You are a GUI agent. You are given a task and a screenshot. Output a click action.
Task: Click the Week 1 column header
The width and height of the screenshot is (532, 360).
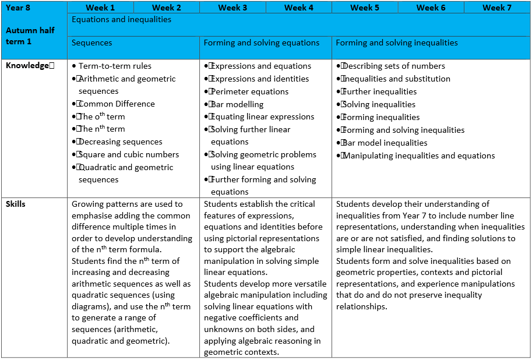coord(100,8)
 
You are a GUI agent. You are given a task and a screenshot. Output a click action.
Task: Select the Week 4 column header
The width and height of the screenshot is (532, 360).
coord(299,8)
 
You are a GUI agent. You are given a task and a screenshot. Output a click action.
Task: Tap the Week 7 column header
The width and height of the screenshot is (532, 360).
coord(494,8)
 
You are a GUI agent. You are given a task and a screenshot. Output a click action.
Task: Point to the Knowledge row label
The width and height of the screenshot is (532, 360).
coord(27,66)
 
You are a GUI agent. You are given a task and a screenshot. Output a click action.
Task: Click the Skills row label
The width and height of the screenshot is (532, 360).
coord(16,204)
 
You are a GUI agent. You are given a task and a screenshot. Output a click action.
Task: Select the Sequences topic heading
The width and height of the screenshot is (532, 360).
coord(92,43)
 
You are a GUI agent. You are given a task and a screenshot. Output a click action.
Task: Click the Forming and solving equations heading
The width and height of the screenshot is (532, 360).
coord(261,43)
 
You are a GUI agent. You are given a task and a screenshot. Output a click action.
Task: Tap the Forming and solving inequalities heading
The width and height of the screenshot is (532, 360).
coord(397,43)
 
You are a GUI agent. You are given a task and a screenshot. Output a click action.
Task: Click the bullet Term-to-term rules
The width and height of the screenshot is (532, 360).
coord(115,66)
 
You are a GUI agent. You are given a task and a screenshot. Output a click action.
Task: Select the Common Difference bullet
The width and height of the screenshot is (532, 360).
coord(117,104)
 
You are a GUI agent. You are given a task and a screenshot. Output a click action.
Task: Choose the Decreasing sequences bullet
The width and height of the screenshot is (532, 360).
coord(120,142)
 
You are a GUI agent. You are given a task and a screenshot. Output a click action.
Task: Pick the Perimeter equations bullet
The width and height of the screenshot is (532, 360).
coord(249,92)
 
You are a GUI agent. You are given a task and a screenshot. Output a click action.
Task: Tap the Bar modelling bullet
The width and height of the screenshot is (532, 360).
coord(237,105)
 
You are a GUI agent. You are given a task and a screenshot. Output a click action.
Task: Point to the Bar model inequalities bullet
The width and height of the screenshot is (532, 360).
coord(385,143)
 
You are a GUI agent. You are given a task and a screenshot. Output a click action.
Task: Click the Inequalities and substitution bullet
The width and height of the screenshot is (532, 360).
coord(397,79)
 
